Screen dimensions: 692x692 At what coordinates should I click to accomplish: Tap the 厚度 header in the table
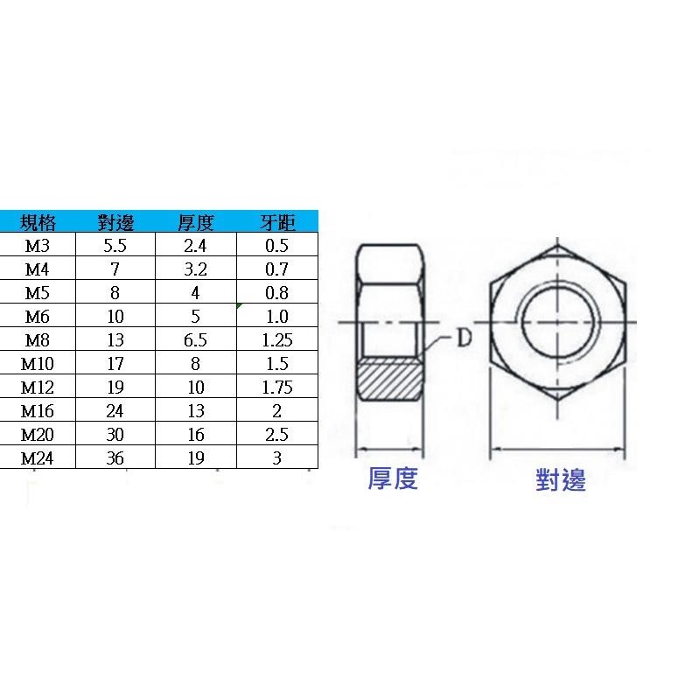coord(195,222)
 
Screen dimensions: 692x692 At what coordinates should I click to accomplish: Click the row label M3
coord(38,246)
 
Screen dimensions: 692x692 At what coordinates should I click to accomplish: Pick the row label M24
coord(38,458)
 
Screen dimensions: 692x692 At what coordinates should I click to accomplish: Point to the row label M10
coord(38,364)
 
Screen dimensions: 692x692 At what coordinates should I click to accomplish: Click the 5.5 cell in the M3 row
coord(115,246)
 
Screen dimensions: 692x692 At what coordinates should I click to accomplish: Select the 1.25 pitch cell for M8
coord(278,340)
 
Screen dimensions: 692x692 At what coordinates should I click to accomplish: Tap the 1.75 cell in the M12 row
coord(278,388)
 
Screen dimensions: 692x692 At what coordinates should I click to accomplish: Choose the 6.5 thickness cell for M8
coord(195,340)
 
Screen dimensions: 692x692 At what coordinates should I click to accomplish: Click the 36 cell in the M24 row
coord(115,458)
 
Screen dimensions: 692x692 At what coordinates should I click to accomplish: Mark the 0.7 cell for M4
coord(277,269)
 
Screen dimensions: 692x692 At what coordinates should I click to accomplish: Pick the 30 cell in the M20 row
coord(115,435)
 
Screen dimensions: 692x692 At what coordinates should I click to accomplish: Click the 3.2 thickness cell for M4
coord(195,269)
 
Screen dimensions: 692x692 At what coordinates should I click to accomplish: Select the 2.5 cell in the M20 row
coord(277,435)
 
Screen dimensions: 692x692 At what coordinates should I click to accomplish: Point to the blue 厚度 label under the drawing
coord(392,479)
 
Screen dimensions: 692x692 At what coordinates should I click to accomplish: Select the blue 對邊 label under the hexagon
coord(561,479)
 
